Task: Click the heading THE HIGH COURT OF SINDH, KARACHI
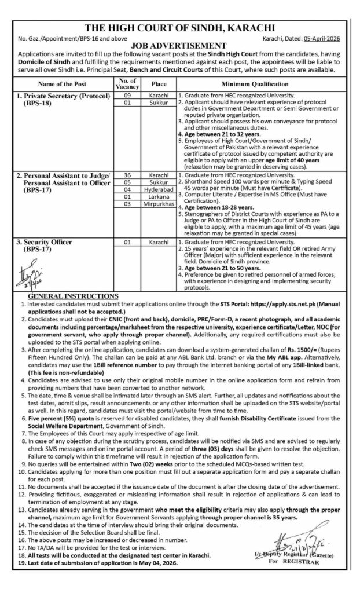tap(180, 27)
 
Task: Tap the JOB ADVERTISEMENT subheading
tap(180, 44)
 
